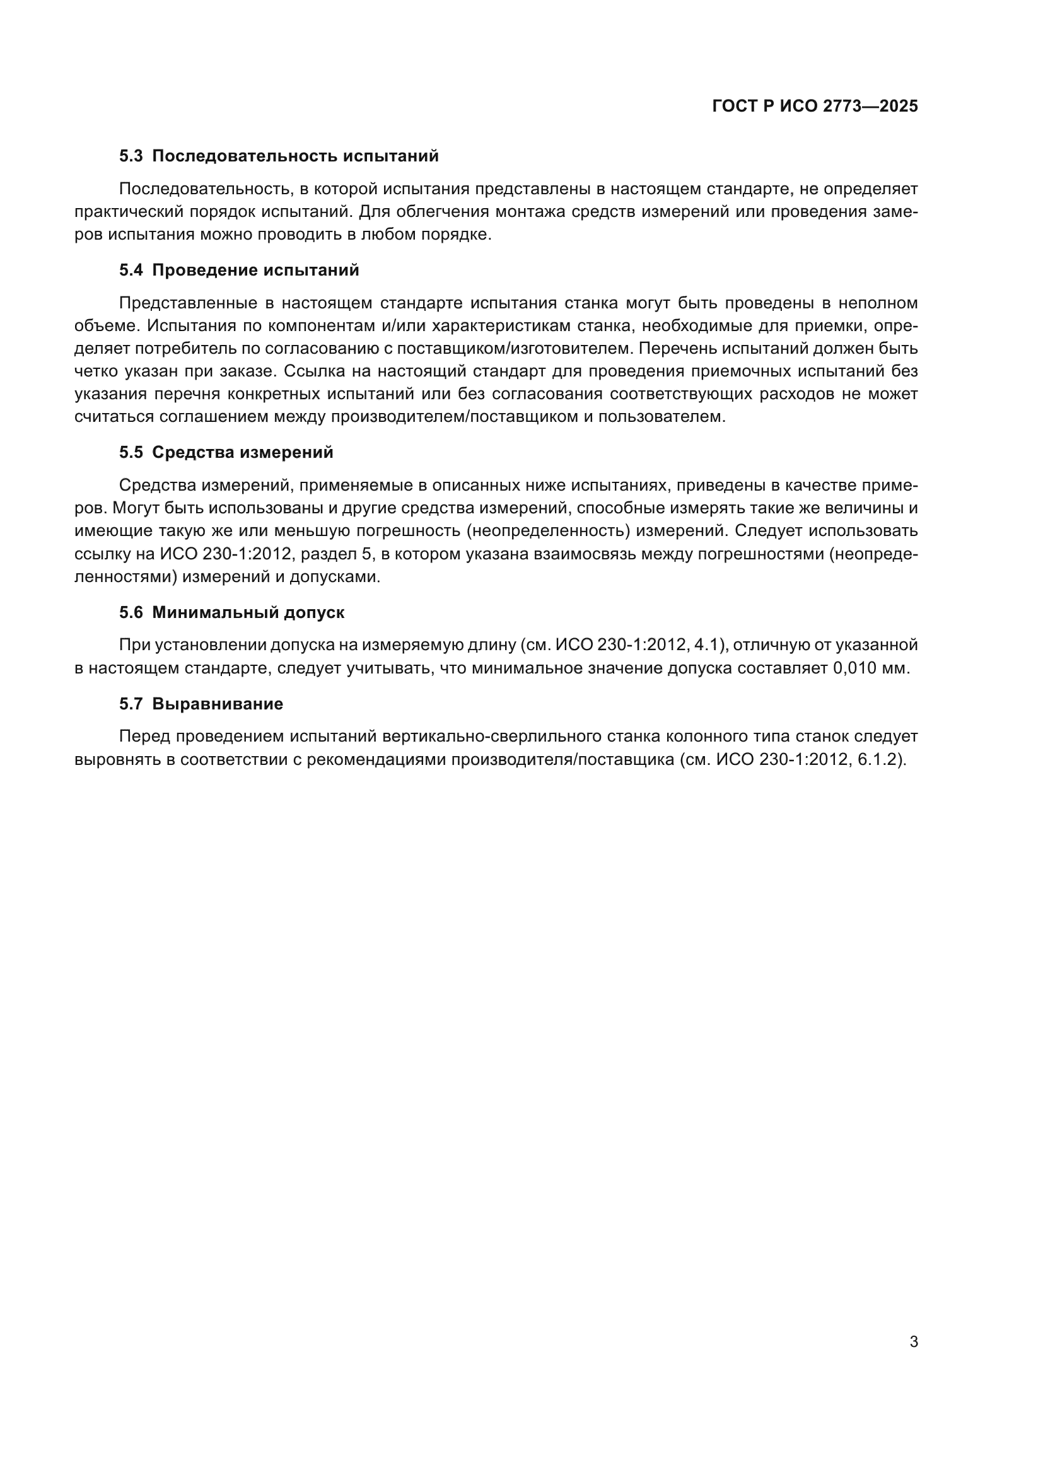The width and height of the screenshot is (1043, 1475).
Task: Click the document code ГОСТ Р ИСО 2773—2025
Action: pyautogui.click(x=814, y=107)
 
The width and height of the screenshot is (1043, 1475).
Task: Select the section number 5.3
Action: pyautogui.click(x=131, y=156)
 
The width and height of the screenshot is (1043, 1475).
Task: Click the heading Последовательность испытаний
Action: pyautogui.click(x=295, y=156)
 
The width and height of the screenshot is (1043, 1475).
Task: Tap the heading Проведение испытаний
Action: pyautogui.click(x=255, y=271)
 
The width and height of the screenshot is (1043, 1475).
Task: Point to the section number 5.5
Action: pyautogui.click(x=131, y=453)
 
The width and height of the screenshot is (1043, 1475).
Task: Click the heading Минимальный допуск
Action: pyautogui.click(x=248, y=613)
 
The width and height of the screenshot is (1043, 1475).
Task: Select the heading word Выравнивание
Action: pyautogui.click(x=217, y=704)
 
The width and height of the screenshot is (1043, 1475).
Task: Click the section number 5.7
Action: pyautogui.click(x=131, y=704)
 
